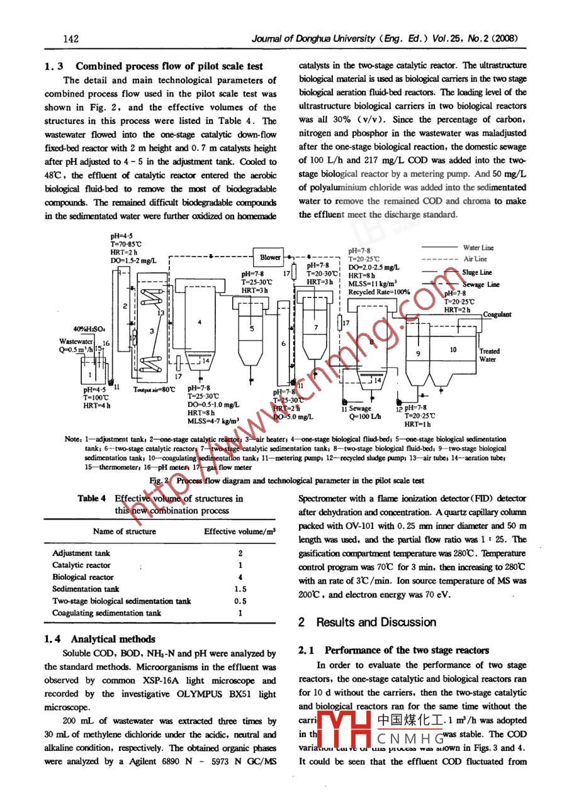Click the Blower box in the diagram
tap(270, 257)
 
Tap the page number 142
tap(70, 39)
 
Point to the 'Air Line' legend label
tap(475, 258)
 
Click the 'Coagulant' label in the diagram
tap(497, 314)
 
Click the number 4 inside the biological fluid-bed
tap(199, 322)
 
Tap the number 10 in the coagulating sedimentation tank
tap(453, 348)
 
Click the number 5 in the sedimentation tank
tap(252, 328)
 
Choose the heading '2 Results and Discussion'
tap(367, 622)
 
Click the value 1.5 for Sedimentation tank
tap(240, 589)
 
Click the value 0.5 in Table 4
tap(240, 601)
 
